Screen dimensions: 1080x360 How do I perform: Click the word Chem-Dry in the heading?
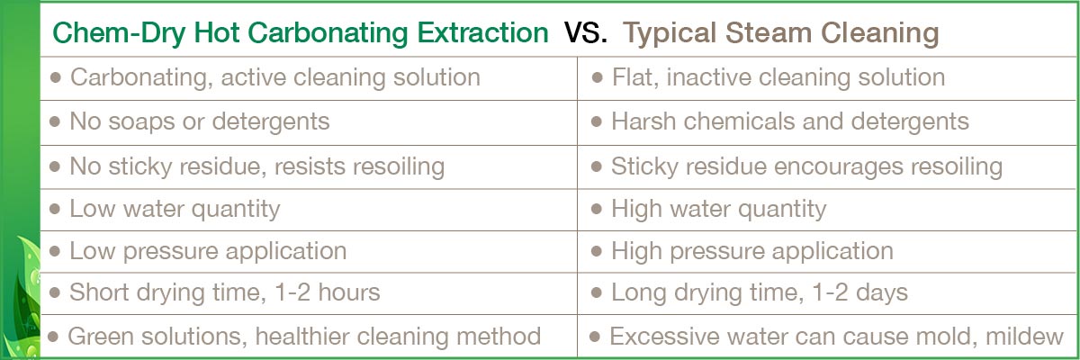pos(119,33)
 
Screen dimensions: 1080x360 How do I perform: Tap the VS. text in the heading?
pos(586,32)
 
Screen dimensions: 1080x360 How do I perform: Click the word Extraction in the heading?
pos(482,32)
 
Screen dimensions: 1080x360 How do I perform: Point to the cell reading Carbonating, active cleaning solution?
pos(309,78)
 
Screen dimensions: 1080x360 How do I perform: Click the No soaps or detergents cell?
pos(309,122)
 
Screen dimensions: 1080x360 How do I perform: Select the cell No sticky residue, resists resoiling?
pos(309,166)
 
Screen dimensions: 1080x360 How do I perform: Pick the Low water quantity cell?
pos(309,210)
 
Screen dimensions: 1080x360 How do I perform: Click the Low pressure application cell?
pos(309,252)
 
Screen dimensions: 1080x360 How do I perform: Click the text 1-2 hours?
pos(328,292)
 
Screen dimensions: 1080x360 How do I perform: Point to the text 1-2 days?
pos(860,292)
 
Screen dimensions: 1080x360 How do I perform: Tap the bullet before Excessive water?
pos(595,337)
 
